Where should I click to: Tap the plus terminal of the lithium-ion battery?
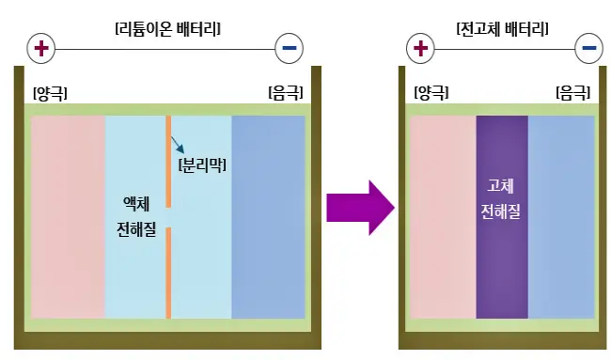(x=41, y=47)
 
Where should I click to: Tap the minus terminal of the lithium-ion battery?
(x=290, y=47)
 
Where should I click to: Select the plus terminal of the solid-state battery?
(x=420, y=47)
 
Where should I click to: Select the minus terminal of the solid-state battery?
(x=589, y=47)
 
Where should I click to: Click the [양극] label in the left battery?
(x=50, y=92)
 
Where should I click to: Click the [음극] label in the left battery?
(x=286, y=92)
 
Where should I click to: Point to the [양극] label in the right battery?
(x=431, y=92)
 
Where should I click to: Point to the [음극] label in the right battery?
(x=573, y=92)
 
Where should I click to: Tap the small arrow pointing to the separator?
(x=178, y=145)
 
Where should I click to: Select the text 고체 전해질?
(x=501, y=198)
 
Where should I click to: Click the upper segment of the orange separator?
(x=168, y=160)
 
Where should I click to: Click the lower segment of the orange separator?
(x=168, y=273)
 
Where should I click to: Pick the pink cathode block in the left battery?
(x=68, y=216)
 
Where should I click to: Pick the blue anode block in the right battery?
(x=561, y=216)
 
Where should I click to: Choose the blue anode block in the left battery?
(x=268, y=216)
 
